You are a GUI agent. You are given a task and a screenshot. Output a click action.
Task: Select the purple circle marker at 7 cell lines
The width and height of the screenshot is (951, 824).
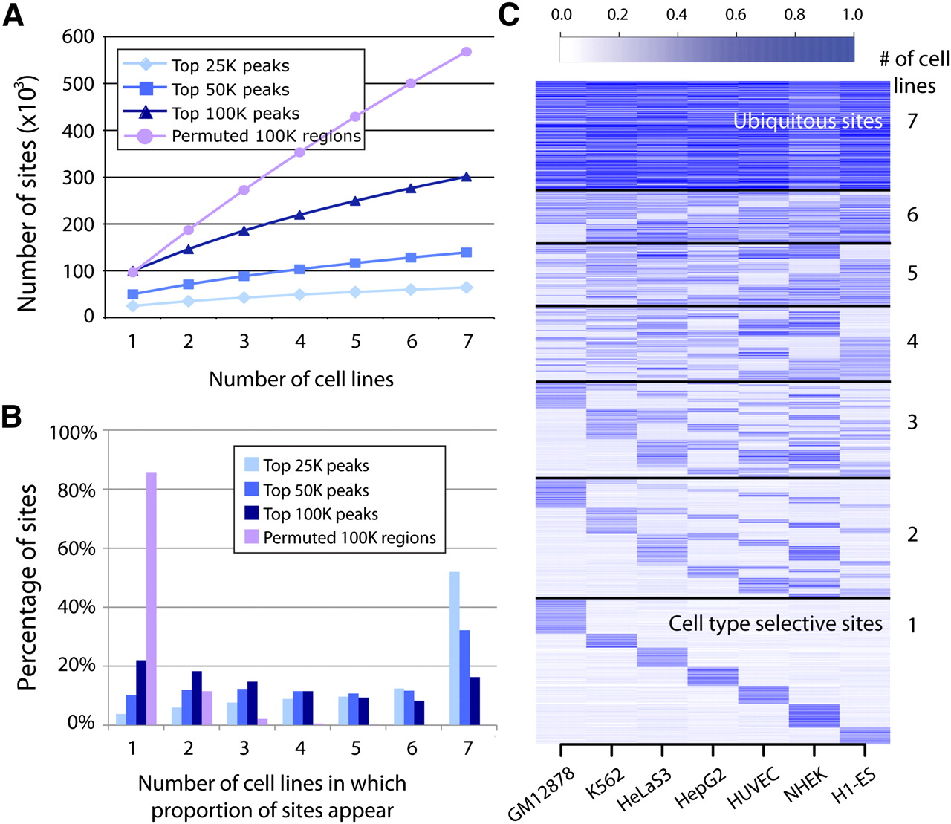pos(467,51)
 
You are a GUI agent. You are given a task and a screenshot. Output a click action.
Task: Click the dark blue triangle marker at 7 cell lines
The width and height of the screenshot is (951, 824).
pos(467,176)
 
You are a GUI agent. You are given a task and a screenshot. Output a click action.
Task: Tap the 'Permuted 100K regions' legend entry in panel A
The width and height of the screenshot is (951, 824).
pos(266,137)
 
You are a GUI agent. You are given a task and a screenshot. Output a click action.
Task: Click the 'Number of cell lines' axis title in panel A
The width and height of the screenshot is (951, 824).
pos(301,379)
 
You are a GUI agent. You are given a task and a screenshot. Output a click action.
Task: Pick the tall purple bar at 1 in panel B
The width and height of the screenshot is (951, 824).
pos(151,597)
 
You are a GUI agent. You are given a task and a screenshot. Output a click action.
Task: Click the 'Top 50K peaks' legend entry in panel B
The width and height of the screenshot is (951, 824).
pos(316,490)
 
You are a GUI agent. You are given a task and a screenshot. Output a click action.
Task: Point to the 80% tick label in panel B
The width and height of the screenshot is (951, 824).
pos(77,491)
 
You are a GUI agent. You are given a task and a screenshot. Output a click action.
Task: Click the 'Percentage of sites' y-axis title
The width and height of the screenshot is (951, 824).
pos(27,587)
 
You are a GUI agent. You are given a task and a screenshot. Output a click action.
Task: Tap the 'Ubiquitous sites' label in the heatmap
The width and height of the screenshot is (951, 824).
pos(808,121)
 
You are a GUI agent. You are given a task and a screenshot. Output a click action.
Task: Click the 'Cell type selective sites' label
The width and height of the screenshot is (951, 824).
pos(775,623)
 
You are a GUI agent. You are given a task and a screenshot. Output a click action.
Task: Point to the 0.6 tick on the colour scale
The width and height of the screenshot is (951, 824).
pos(736,15)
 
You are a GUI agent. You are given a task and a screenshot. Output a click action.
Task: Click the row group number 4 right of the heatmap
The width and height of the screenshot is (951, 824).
pos(912,342)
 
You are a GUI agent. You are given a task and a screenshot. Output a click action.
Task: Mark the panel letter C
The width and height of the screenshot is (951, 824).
pos(509,15)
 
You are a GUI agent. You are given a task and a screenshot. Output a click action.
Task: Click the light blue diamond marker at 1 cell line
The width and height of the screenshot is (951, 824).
pos(132,305)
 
